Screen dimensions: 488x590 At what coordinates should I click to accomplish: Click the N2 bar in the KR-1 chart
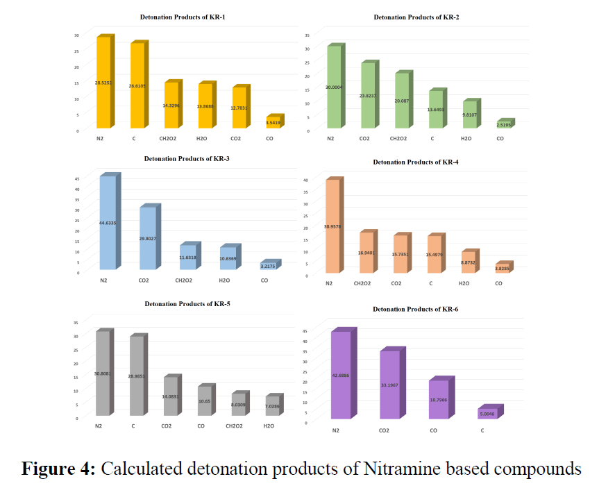103,83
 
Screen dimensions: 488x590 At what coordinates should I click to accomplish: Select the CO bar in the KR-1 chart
273,123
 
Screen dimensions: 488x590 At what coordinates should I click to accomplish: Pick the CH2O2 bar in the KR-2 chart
402,101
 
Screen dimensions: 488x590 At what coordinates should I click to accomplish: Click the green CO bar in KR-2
504,125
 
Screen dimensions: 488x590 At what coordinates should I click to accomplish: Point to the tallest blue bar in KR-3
108,222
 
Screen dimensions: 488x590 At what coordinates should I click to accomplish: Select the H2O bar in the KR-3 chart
227,258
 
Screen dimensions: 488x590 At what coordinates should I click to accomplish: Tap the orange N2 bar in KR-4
332,226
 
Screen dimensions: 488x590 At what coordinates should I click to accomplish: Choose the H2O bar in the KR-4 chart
469,262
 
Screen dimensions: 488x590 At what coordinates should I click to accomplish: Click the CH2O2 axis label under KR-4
365,283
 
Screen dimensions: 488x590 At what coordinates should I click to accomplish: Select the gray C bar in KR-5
135,376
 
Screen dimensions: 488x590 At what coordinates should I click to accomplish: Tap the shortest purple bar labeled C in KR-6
488,414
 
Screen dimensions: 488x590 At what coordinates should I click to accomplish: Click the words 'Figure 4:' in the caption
58,469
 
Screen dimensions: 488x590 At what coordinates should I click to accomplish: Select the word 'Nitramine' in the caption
405,469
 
